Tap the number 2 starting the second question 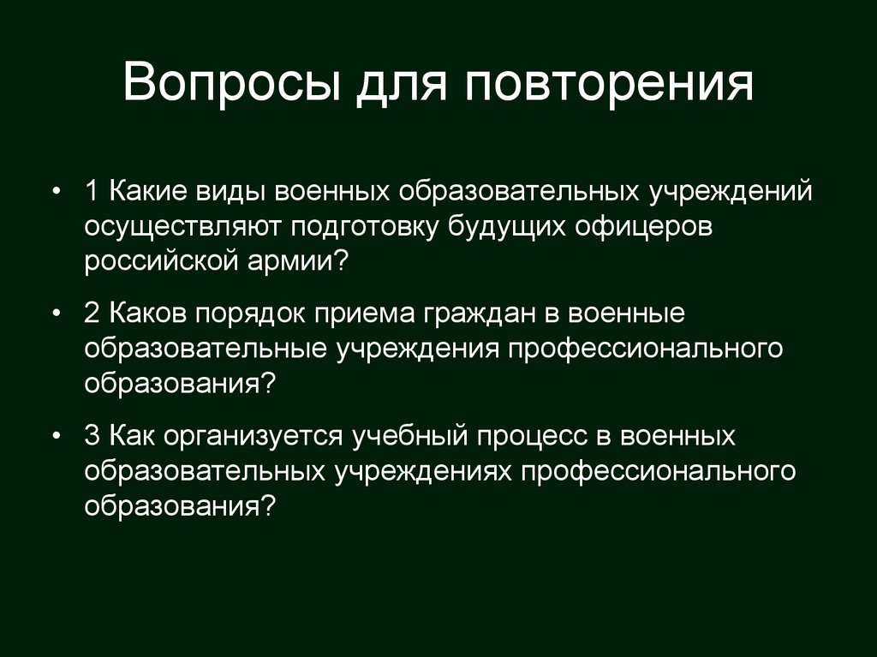tap(92, 314)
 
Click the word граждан tap(468, 314)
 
